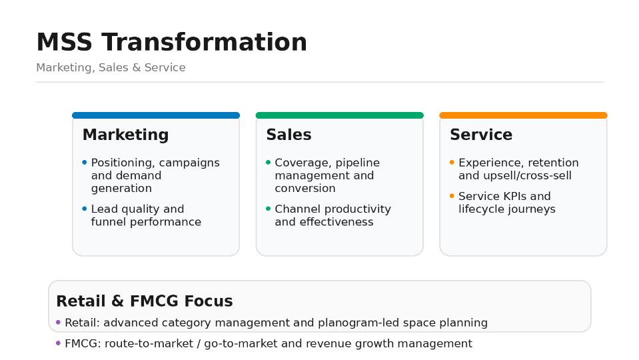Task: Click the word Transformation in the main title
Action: (204, 42)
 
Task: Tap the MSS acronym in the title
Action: (65, 42)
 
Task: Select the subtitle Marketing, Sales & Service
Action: (111, 67)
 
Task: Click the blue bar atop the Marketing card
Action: (156, 115)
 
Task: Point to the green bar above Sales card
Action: (339, 115)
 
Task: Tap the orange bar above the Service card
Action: (523, 115)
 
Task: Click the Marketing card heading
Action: (125, 135)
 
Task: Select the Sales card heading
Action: (289, 135)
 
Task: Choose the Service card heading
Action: (481, 135)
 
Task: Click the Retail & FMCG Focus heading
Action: (145, 301)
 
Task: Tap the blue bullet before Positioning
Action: (85, 162)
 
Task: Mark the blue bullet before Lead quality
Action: (85, 209)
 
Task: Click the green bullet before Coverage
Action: (268, 162)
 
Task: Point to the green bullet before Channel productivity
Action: (268, 209)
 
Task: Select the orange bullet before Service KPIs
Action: (452, 196)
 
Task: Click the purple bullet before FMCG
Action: (58, 343)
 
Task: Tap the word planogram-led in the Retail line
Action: (358, 323)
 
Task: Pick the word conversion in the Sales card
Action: (305, 189)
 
